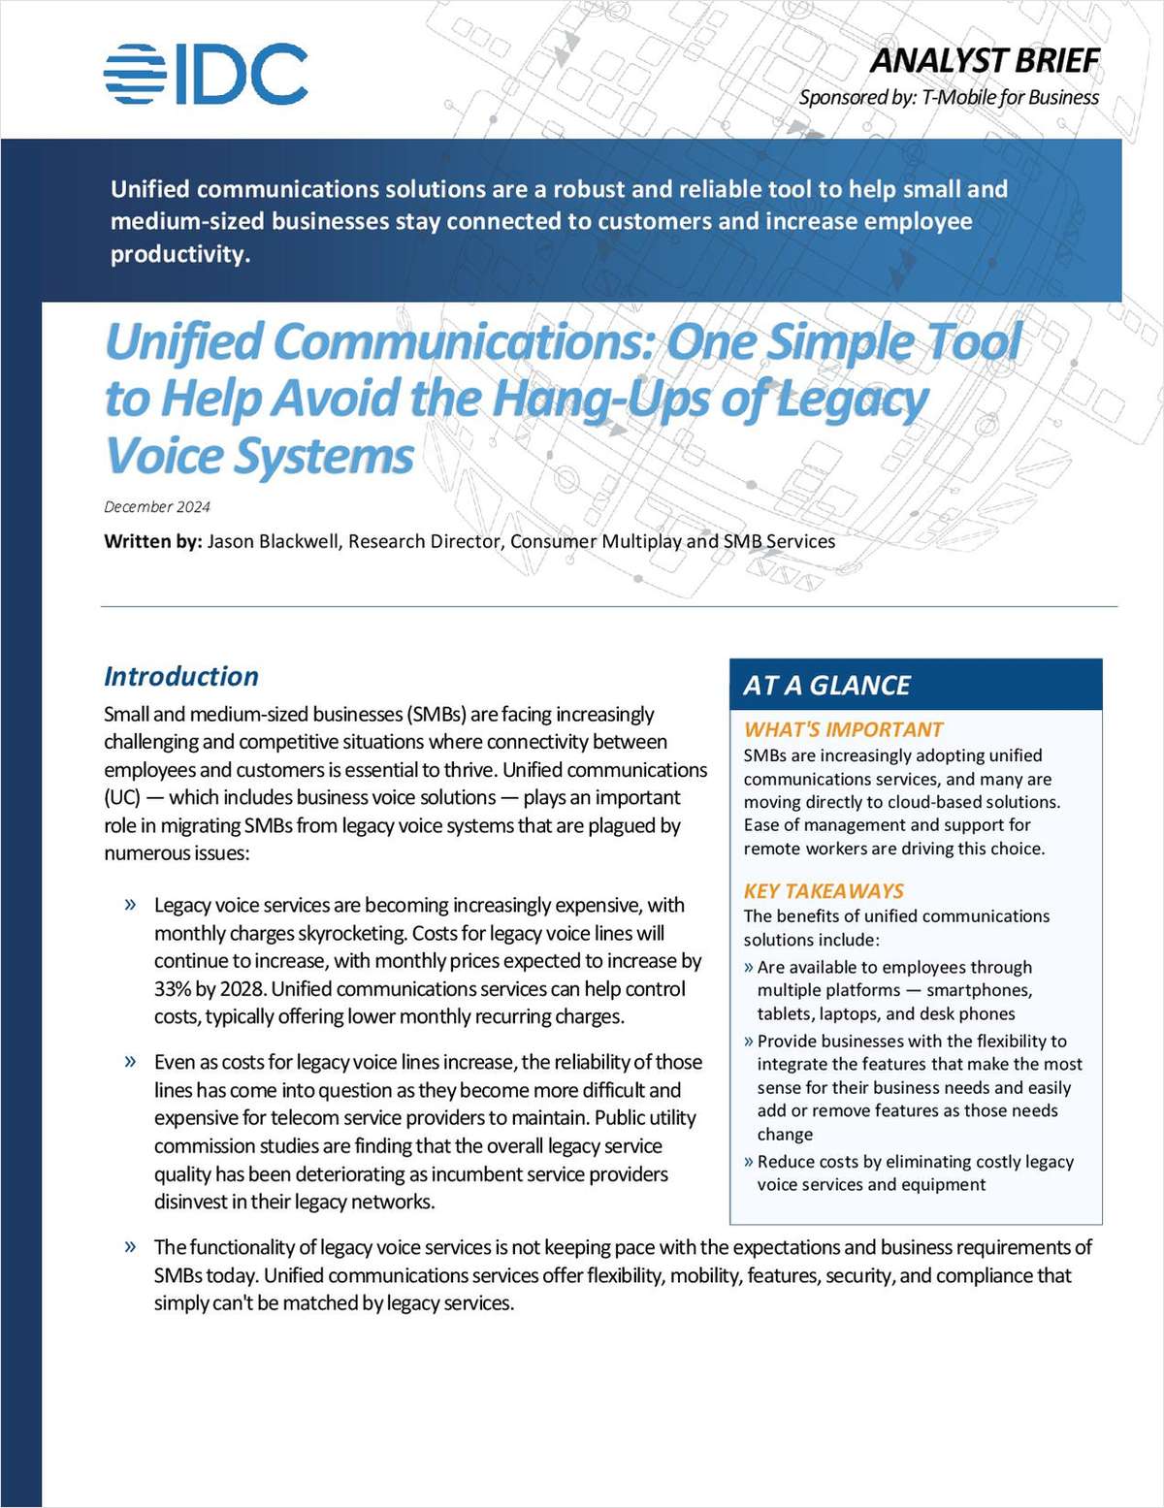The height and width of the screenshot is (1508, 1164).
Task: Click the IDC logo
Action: [x=206, y=74]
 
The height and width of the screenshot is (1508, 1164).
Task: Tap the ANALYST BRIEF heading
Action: [x=984, y=60]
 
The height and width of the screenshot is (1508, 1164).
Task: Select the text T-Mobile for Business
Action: [x=1010, y=97]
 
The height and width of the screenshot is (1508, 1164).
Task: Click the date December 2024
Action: [x=157, y=506]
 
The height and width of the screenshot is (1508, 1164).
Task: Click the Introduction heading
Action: [x=181, y=676]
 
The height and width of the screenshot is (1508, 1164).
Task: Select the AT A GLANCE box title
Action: [x=826, y=686]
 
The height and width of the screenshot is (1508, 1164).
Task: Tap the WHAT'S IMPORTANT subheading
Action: [x=843, y=729]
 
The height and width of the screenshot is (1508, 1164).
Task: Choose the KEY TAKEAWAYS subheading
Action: [x=824, y=890]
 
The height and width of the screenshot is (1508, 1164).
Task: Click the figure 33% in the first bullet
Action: [x=173, y=989]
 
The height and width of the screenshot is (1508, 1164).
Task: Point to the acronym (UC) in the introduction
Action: [x=122, y=797]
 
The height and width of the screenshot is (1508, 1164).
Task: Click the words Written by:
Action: [x=152, y=541]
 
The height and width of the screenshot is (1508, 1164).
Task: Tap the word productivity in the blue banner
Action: [x=178, y=254]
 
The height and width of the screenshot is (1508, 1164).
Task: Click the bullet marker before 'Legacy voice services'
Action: [x=130, y=905]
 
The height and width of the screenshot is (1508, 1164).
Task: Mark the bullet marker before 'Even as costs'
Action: [x=130, y=1061]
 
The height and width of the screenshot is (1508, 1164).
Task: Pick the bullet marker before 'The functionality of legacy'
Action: [x=130, y=1246]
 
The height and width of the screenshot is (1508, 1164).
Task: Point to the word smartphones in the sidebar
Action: [x=979, y=990]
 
